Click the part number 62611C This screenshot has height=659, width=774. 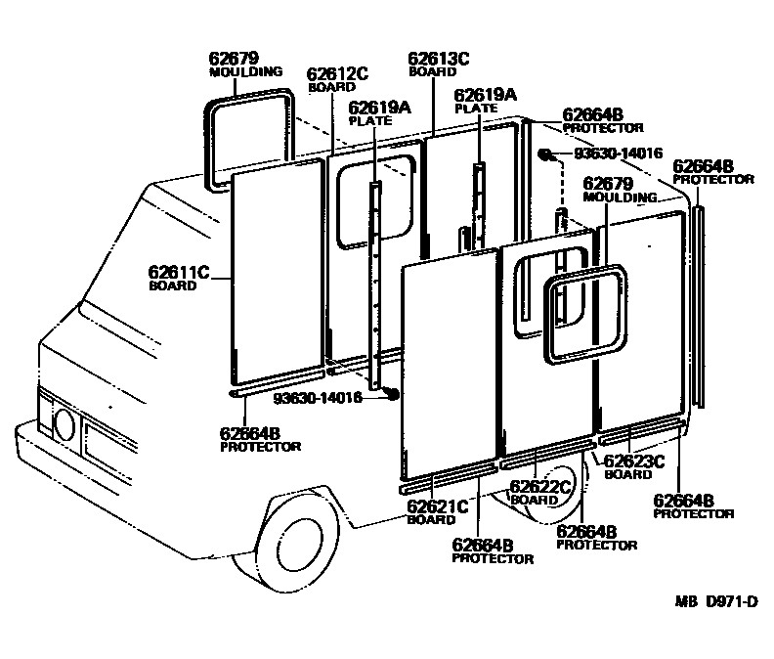tap(179, 272)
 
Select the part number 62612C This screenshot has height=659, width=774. tap(337, 73)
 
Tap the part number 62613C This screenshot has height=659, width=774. tap(439, 59)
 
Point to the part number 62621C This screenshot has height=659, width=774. tap(438, 505)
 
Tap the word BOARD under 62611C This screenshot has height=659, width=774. tap(168, 286)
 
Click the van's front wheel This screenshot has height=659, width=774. tap(291, 536)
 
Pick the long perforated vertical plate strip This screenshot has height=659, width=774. tap(374, 284)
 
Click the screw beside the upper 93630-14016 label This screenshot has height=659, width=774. tap(548, 154)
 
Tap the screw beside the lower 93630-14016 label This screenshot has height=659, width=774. tap(391, 393)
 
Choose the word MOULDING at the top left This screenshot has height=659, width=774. tap(246, 71)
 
